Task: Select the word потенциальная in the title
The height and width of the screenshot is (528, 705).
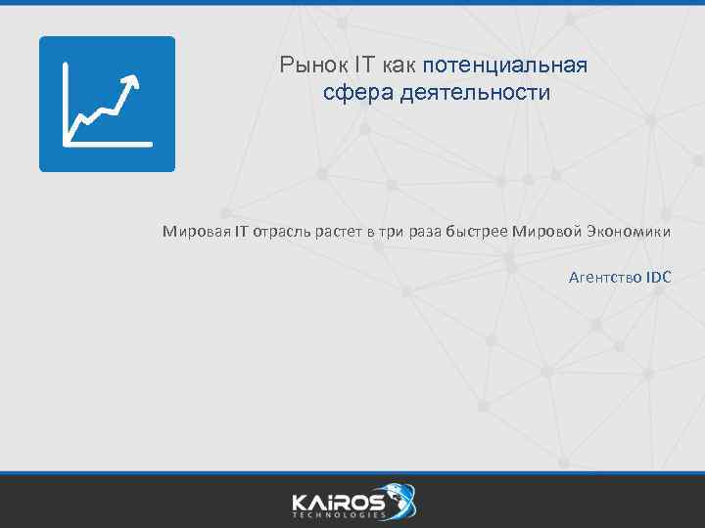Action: click(x=506, y=66)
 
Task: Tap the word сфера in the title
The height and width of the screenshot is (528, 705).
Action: click(x=351, y=93)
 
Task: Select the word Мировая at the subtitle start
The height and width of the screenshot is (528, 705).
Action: click(x=196, y=232)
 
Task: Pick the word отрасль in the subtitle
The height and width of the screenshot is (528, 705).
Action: click(x=284, y=232)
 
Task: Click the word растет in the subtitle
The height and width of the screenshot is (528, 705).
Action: click(x=341, y=232)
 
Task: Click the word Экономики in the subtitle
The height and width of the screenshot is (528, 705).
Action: click(x=629, y=232)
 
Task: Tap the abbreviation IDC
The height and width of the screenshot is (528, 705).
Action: click(x=658, y=278)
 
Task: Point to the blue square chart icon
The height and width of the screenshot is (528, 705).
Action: click(x=107, y=104)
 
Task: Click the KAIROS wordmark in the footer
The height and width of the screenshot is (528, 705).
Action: click(x=337, y=501)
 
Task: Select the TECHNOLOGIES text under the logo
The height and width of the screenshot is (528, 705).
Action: click(x=337, y=515)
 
